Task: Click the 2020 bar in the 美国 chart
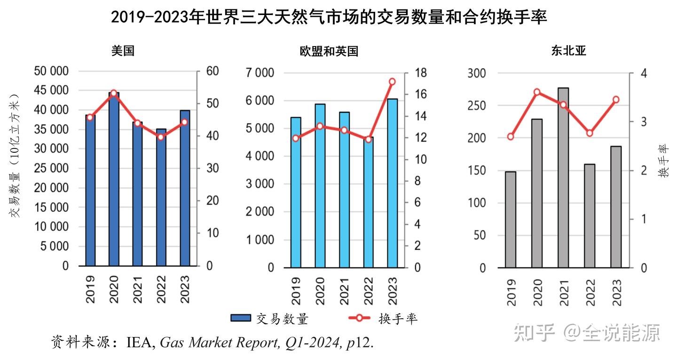[x=114, y=179]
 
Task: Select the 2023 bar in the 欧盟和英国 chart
[x=393, y=183]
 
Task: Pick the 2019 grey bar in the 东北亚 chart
[x=511, y=219]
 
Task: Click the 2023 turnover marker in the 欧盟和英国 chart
[x=393, y=81]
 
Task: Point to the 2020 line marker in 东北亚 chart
[x=537, y=92]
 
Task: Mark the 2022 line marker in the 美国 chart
[x=161, y=137]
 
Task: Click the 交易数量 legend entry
[x=270, y=319]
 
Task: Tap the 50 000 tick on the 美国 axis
[x=51, y=71]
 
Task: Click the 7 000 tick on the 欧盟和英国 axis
[x=260, y=73]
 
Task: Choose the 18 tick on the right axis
[x=420, y=73]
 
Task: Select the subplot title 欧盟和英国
[x=329, y=51]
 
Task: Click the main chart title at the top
[x=329, y=17]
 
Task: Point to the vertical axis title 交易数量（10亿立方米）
[x=16, y=155]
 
